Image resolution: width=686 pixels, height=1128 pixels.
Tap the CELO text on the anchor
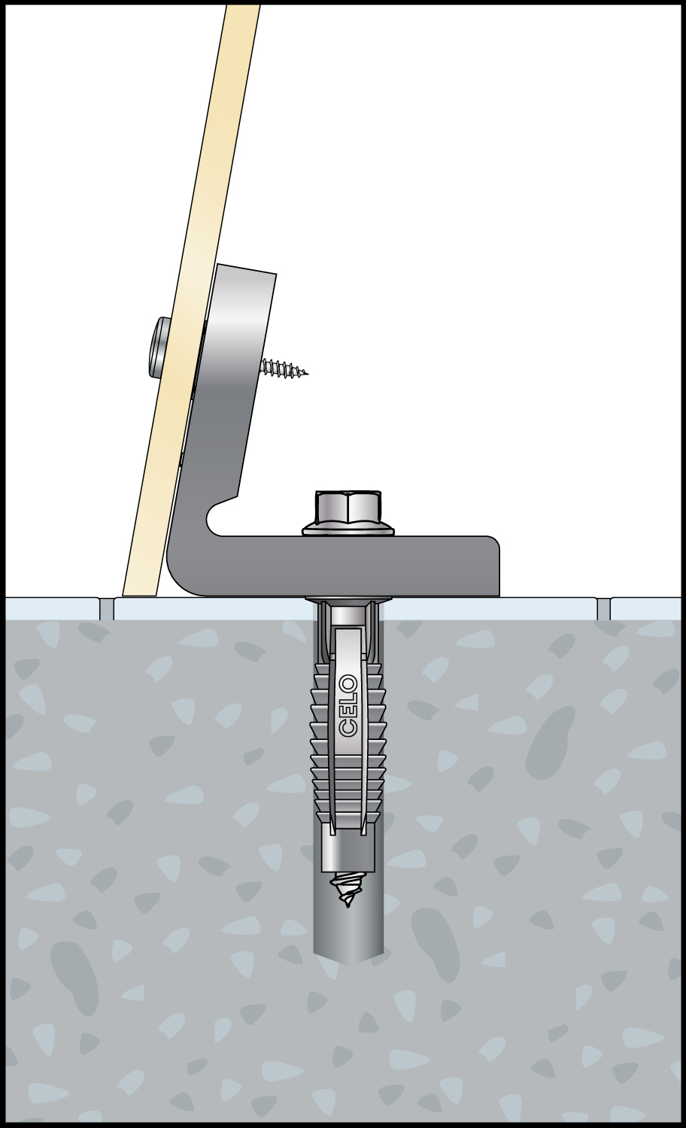(349, 708)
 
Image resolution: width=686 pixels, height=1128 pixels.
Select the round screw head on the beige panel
(159, 348)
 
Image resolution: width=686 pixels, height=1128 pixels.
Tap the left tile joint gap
(108, 609)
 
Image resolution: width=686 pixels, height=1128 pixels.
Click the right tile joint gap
(604, 609)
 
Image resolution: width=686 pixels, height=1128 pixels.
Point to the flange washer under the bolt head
(348, 529)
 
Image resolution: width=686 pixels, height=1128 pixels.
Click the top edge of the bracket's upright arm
(246, 269)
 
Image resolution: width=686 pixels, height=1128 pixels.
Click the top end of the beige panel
(244, 7)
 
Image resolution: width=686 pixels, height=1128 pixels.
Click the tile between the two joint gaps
(356, 609)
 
